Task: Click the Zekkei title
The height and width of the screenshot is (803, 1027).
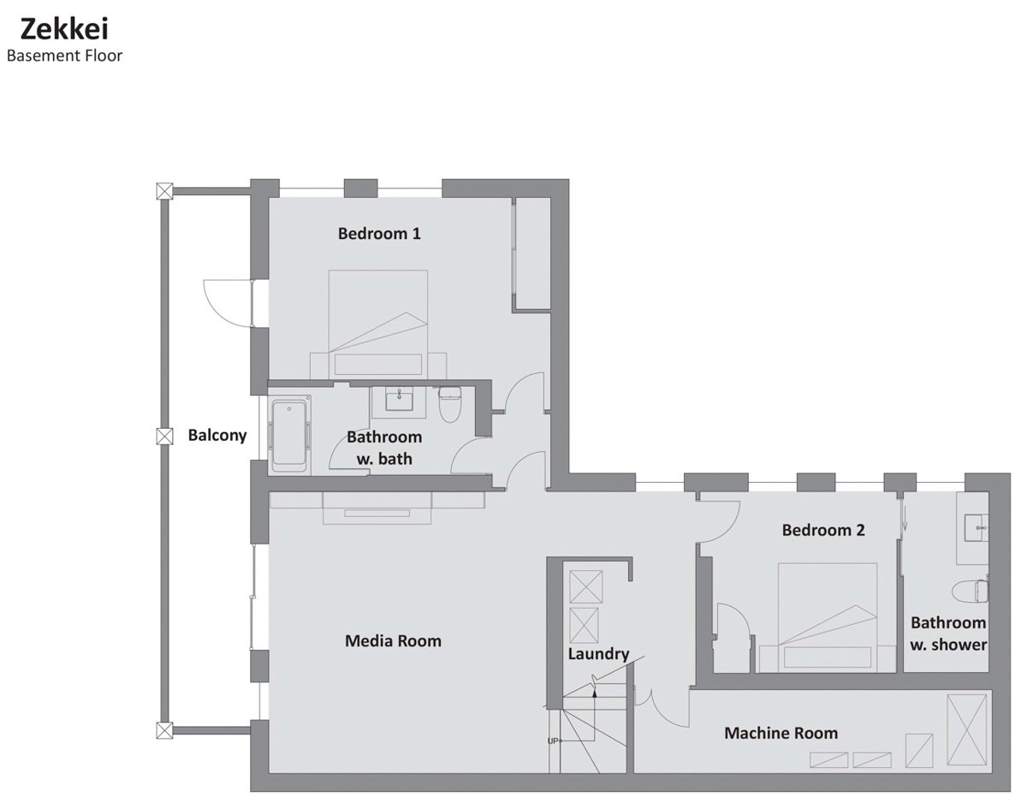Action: (64, 29)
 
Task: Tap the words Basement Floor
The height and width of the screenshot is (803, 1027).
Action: (65, 56)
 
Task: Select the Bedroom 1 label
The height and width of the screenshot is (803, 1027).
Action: (379, 234)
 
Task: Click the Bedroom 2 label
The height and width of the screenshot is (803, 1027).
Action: (823, 530)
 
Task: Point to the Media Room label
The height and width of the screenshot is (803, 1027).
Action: (393, 641)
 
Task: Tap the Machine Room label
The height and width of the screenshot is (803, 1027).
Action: (781, 733)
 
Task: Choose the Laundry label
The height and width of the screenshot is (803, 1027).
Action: (598, 654)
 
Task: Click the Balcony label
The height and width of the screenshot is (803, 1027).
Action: (217, 435)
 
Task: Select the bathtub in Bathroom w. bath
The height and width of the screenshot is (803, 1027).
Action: (289, 435)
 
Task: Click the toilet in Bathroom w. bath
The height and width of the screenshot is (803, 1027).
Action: (449, 405)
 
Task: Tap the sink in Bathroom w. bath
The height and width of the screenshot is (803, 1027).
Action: (400, 400)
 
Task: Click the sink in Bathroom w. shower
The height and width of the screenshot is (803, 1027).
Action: (976, 527)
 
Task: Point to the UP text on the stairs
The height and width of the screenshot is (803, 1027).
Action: (553, 741)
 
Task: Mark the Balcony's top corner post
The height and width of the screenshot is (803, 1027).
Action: (164, 192)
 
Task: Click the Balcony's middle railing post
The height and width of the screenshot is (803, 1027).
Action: (164, 437)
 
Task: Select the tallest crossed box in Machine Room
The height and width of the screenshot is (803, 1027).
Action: (966, 733)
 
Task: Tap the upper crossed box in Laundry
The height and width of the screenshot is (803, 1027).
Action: (586, 586)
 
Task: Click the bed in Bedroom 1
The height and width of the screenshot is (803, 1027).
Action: (378, 324)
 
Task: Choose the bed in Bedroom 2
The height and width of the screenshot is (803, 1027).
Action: (828, 617)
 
